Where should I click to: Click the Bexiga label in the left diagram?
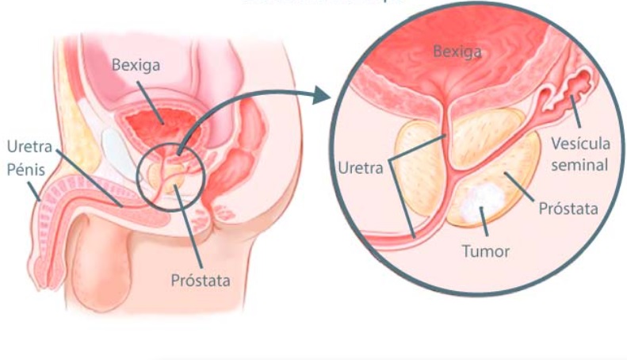tap(136, 65)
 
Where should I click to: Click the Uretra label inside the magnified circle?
tap(360, 167)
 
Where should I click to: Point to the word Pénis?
tap(27, 169)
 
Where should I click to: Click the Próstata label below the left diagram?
tap(201, 279)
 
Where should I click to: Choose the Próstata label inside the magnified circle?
tap(568, 209)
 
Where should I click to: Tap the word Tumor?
tap(485, 252)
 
